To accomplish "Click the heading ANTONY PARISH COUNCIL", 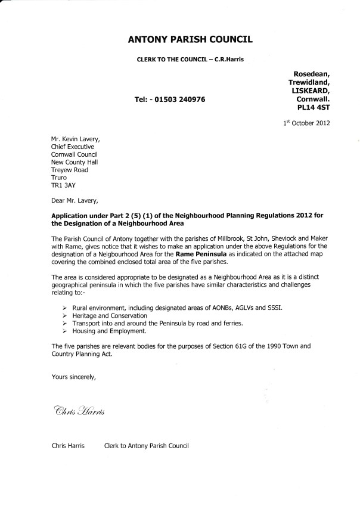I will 190,40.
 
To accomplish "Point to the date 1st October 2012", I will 306,123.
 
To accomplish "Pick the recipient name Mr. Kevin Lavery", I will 74,139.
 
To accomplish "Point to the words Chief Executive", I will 73,147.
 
